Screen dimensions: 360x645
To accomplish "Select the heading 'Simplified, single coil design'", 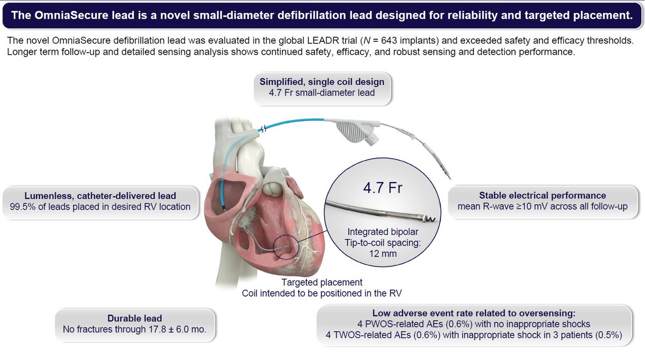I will (x=322, y=82).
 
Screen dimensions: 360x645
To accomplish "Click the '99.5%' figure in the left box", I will (x=23, y=206).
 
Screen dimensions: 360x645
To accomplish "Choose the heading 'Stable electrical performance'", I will (x=542, y=196).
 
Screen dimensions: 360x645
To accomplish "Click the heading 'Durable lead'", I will (x=131, y=318).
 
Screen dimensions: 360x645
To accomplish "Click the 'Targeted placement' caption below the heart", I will (x=322, y=282).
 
